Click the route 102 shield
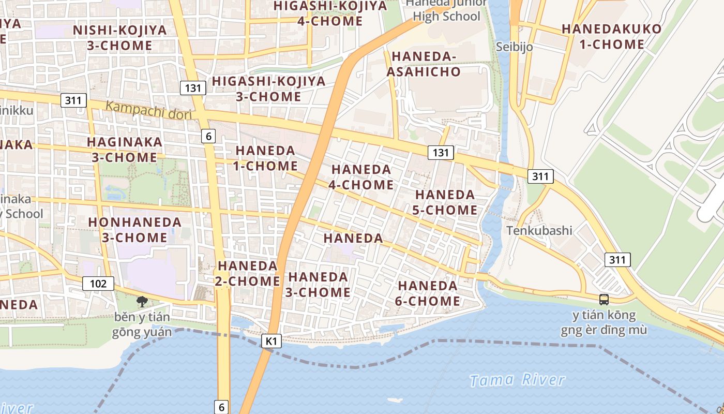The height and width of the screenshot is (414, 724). [x=98, y=283]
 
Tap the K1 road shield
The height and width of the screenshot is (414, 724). [x=271, y=341]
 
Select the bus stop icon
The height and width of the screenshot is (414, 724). [x=604, y=299]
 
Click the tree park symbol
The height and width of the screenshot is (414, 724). [x=141, y=302]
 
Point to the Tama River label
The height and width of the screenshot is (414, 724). [x=517, y=380]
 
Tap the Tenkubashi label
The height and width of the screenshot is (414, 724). [x=539, y=230]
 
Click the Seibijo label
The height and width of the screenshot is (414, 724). [x=514, y=47]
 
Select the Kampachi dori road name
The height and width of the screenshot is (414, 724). [x=148, y=110]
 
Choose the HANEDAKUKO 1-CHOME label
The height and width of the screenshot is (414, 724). [x=612, y=36]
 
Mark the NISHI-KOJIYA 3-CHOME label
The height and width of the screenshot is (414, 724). [x=120, y=38]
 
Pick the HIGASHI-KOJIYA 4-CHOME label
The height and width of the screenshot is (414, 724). [x=330, y=13]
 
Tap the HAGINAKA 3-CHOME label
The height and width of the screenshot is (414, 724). [x=124, y=150]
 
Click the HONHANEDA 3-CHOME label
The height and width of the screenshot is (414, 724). [x=134, y=230]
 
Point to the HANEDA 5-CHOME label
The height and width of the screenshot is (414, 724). [x=445, y=202]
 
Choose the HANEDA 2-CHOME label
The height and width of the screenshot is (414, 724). [x=248, y=273]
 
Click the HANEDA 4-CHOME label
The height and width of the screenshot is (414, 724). [x=361, y=177]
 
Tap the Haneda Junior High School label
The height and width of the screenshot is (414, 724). [x=446, y=10]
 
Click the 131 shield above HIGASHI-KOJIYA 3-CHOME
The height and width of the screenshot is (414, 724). [x=192, y=88]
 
